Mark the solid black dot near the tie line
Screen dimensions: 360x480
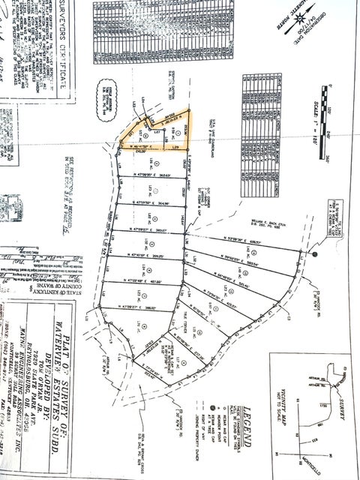pos(314,254)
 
